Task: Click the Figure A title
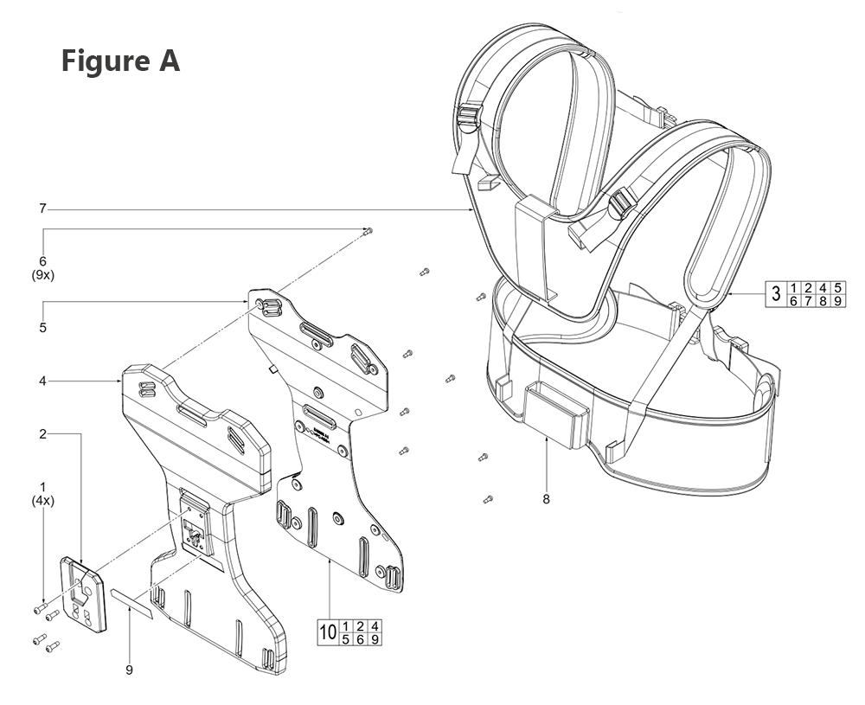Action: click(120, 61)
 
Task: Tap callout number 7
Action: click(42, 208)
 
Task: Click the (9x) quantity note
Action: click(42, 275)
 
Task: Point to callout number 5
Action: click(42, 328)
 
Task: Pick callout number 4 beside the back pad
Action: click(42, 380)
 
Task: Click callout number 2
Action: click(42, 433)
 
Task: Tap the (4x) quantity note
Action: click(42, 501)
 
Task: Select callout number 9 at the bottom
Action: click(129, 670)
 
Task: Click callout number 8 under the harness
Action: click(547, 499)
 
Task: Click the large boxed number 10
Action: click(328, 632)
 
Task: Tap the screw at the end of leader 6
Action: click(368, 230)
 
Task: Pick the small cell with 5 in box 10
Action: click(346, 639)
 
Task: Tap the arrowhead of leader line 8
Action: click(547, 439)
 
